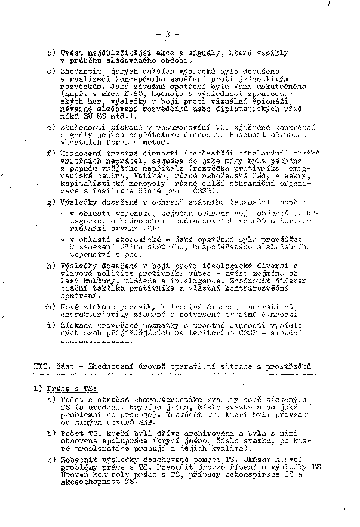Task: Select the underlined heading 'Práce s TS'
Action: (x=67, y=389)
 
